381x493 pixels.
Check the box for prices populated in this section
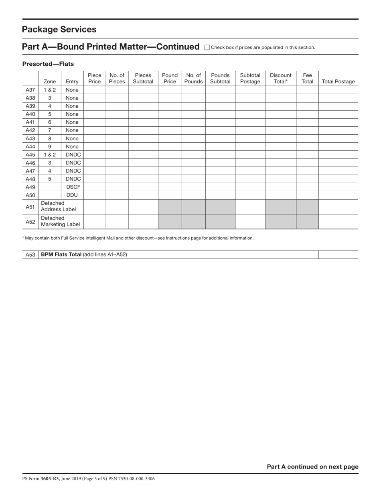[207, 47]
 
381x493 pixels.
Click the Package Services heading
[59, 29]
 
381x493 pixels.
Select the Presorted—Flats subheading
[48, 64]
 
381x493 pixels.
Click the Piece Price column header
[94, 78]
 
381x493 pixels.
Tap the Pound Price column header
[170, 78]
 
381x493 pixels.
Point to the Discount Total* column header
[280, 78]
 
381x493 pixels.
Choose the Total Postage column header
[338, 82]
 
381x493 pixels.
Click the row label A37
[30, 90]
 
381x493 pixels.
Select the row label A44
[30, 147]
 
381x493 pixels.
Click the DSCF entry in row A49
[73, 187]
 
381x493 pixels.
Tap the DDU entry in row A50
[72, 195]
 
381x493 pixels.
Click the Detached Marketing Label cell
[60, 221]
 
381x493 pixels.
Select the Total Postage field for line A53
[338, 255]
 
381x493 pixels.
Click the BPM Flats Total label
[61, 255]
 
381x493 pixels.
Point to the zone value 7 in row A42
[50, 130]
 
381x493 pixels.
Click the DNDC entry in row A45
[73, 155]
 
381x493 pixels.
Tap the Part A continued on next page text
[312, 467]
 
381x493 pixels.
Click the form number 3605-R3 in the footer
[50, 479]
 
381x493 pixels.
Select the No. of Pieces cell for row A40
[117, 114]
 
